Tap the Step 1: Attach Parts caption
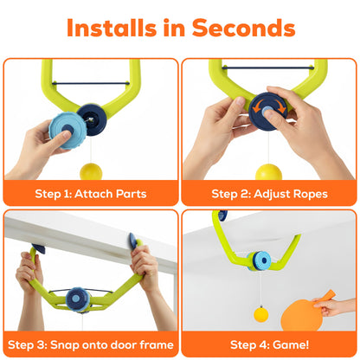click(x=89, y=193)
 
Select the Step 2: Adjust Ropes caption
click(x=269, y=193)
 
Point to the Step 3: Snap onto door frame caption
click(x=89, y=344)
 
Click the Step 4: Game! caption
click(x=269, y=344)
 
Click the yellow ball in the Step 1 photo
click(x=89, y=170)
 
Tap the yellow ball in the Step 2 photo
click(x=268, y=171)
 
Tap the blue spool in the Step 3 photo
click(x=80, y=298)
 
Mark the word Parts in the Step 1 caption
click(x=127, y=193)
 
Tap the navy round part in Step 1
click(x=89, y=114)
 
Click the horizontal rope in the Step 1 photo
click(x=87, y=84)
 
